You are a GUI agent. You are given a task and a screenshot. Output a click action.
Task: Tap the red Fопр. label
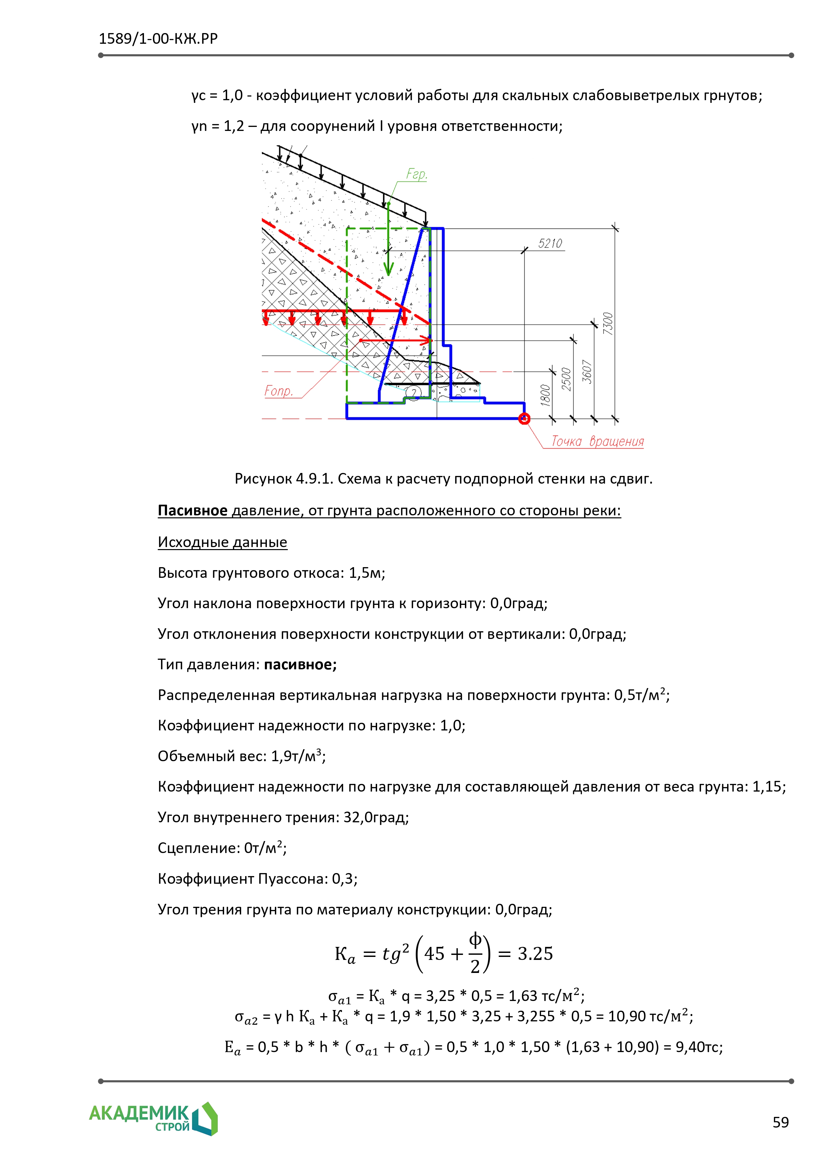279,391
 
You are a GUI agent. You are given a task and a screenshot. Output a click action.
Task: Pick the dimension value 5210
550,243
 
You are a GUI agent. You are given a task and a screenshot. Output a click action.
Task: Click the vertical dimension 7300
608,324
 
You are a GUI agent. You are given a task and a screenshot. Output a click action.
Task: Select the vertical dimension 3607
587,372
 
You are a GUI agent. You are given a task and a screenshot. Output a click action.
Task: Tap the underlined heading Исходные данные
222,542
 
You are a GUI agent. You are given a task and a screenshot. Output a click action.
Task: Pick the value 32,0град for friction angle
376,817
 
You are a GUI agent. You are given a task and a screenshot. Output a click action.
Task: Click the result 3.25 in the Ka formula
535,954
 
